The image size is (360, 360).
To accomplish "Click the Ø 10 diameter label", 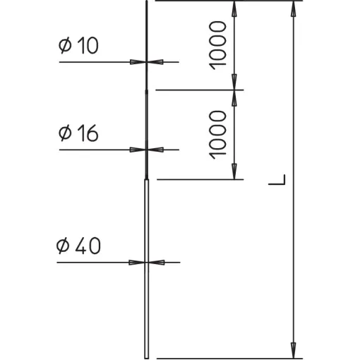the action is point(78,45).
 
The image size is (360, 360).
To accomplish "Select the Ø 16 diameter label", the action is point(78,133).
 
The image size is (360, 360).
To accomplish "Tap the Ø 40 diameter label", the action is point(78,246).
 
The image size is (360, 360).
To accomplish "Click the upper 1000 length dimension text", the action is point(217,45).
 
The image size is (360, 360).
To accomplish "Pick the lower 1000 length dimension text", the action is point(217,135).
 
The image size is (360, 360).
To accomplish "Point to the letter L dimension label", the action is point(277,180).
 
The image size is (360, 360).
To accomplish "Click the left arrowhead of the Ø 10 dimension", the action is point(138,62).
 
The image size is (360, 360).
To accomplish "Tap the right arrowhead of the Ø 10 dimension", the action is point(155,62).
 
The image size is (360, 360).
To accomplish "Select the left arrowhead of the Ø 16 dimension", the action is point(138,150).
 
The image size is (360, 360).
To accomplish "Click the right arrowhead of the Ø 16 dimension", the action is point(156,150).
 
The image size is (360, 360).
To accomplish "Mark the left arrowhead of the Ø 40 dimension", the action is point(136,263).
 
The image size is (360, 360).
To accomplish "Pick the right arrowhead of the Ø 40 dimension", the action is point(157,263).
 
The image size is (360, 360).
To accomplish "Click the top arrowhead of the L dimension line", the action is point(293,9).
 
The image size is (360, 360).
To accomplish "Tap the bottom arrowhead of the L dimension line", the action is point(293,351).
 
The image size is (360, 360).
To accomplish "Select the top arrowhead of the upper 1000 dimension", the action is point(234,9).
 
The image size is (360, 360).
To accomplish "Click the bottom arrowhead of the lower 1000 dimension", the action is point(234,172).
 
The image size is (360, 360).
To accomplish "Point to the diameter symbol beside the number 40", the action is point(63,246).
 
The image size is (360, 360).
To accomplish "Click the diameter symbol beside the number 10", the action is point(65,45).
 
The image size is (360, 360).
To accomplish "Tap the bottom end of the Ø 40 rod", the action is point(146,358).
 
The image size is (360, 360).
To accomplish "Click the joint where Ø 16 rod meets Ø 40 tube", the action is point(146,179).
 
